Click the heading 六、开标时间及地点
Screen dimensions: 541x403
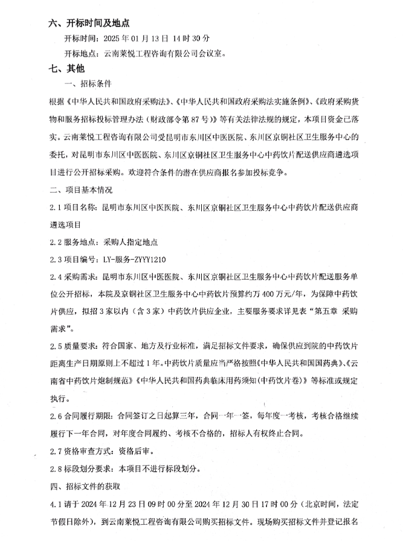(89, 24)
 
